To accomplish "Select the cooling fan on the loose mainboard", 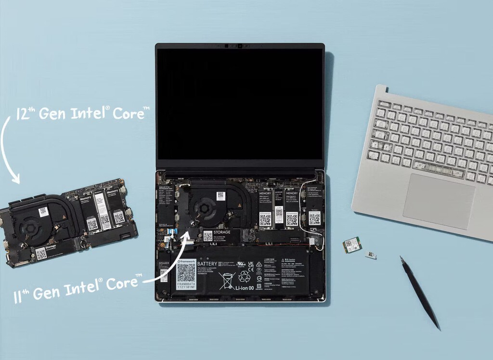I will (x=32, y=226).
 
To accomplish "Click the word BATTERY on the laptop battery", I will (x=208, y=264).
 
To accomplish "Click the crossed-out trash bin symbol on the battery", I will (x=226, y=280).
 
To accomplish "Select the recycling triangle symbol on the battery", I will (x=245, y=276).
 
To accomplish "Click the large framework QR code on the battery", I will (x=186, y=273).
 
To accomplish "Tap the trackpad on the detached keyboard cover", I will (x=438, y=201).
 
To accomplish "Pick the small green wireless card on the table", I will (x=352, y=245).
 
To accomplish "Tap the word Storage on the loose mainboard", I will (x=51, y=247).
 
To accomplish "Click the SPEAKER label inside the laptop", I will (x=164, y=264).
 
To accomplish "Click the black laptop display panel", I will (x=239, y=104).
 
